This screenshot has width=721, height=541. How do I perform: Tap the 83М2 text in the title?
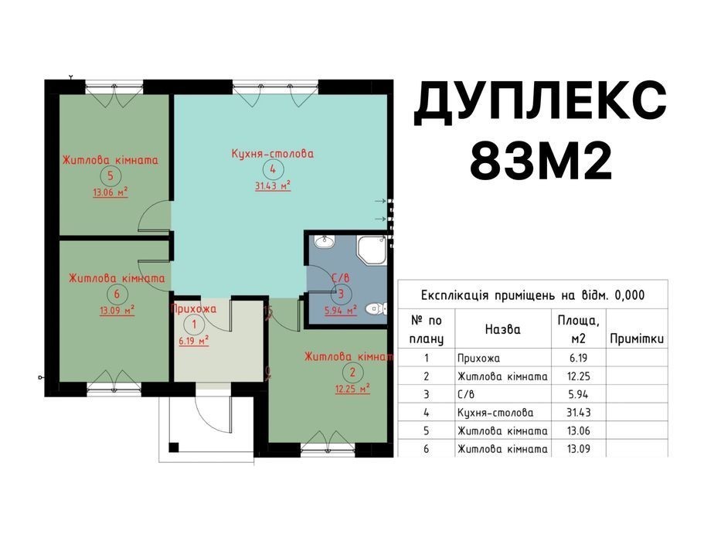point(541,160)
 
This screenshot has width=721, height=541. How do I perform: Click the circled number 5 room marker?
point(111,175)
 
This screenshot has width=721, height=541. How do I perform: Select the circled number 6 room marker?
point(117,294)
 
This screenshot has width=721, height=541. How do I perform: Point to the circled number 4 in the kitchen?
point(273,169)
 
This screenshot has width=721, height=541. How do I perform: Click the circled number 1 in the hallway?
point(194,325)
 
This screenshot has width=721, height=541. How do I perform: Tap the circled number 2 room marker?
point(352,373)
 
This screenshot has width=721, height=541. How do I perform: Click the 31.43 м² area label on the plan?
point(273,185)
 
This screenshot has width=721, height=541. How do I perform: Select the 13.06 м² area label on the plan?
point(111,192)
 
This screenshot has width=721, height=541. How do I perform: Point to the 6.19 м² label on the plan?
point(194,341)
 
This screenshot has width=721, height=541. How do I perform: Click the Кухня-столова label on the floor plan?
point(273,154)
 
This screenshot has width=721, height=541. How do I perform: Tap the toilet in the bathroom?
point(376,308)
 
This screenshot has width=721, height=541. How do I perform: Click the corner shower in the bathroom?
point(372,250)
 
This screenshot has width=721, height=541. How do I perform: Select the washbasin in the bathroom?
point(325,241)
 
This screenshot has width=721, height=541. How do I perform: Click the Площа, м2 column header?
point(579,329)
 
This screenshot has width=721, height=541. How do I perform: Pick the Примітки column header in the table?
point(637,339)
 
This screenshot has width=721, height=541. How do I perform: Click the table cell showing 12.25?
point(579,376)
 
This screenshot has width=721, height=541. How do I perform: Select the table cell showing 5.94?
point(578,394)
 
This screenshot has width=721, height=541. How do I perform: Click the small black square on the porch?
point(174,447)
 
